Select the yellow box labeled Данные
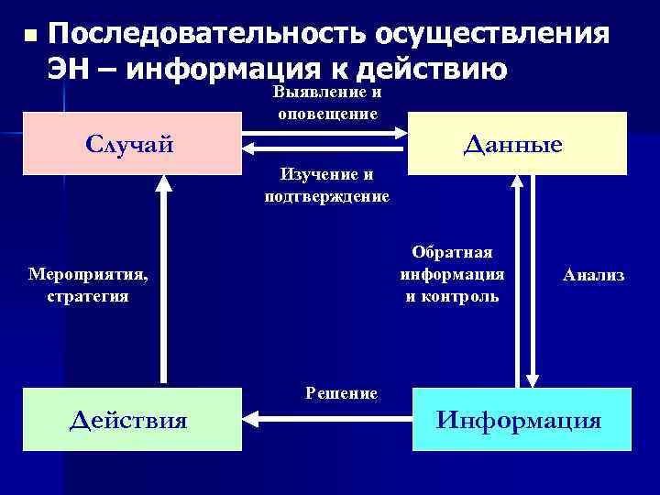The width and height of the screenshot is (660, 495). tap(516, 144)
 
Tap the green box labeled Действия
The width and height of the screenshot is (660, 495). tap(131, 420)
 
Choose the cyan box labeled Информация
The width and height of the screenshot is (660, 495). tap(520, 420)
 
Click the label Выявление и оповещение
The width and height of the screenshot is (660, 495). tap(327, 104)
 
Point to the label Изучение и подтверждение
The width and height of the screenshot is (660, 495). tap(327, 186)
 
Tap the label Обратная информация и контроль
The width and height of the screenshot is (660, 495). tap(452, 274)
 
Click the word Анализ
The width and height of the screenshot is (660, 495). tap(593, 275)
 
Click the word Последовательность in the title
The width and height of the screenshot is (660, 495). tap(203, 34)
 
